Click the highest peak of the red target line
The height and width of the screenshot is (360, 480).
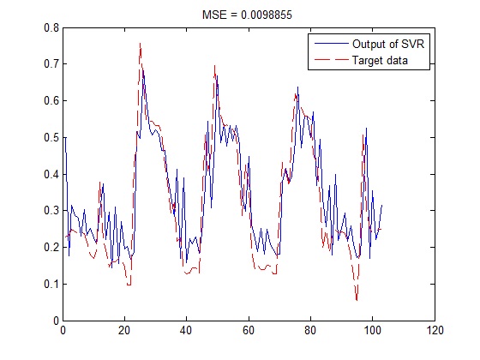tap(140, 43)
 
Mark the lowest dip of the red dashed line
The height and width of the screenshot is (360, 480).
tap(357, 300)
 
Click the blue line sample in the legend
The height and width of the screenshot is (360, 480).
tap(330, 43)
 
